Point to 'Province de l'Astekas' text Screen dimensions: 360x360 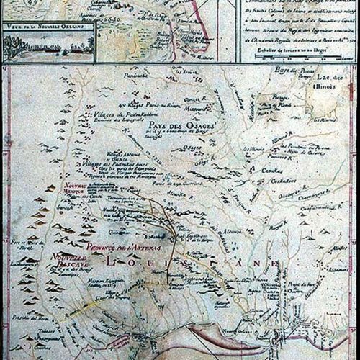point(124,249)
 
